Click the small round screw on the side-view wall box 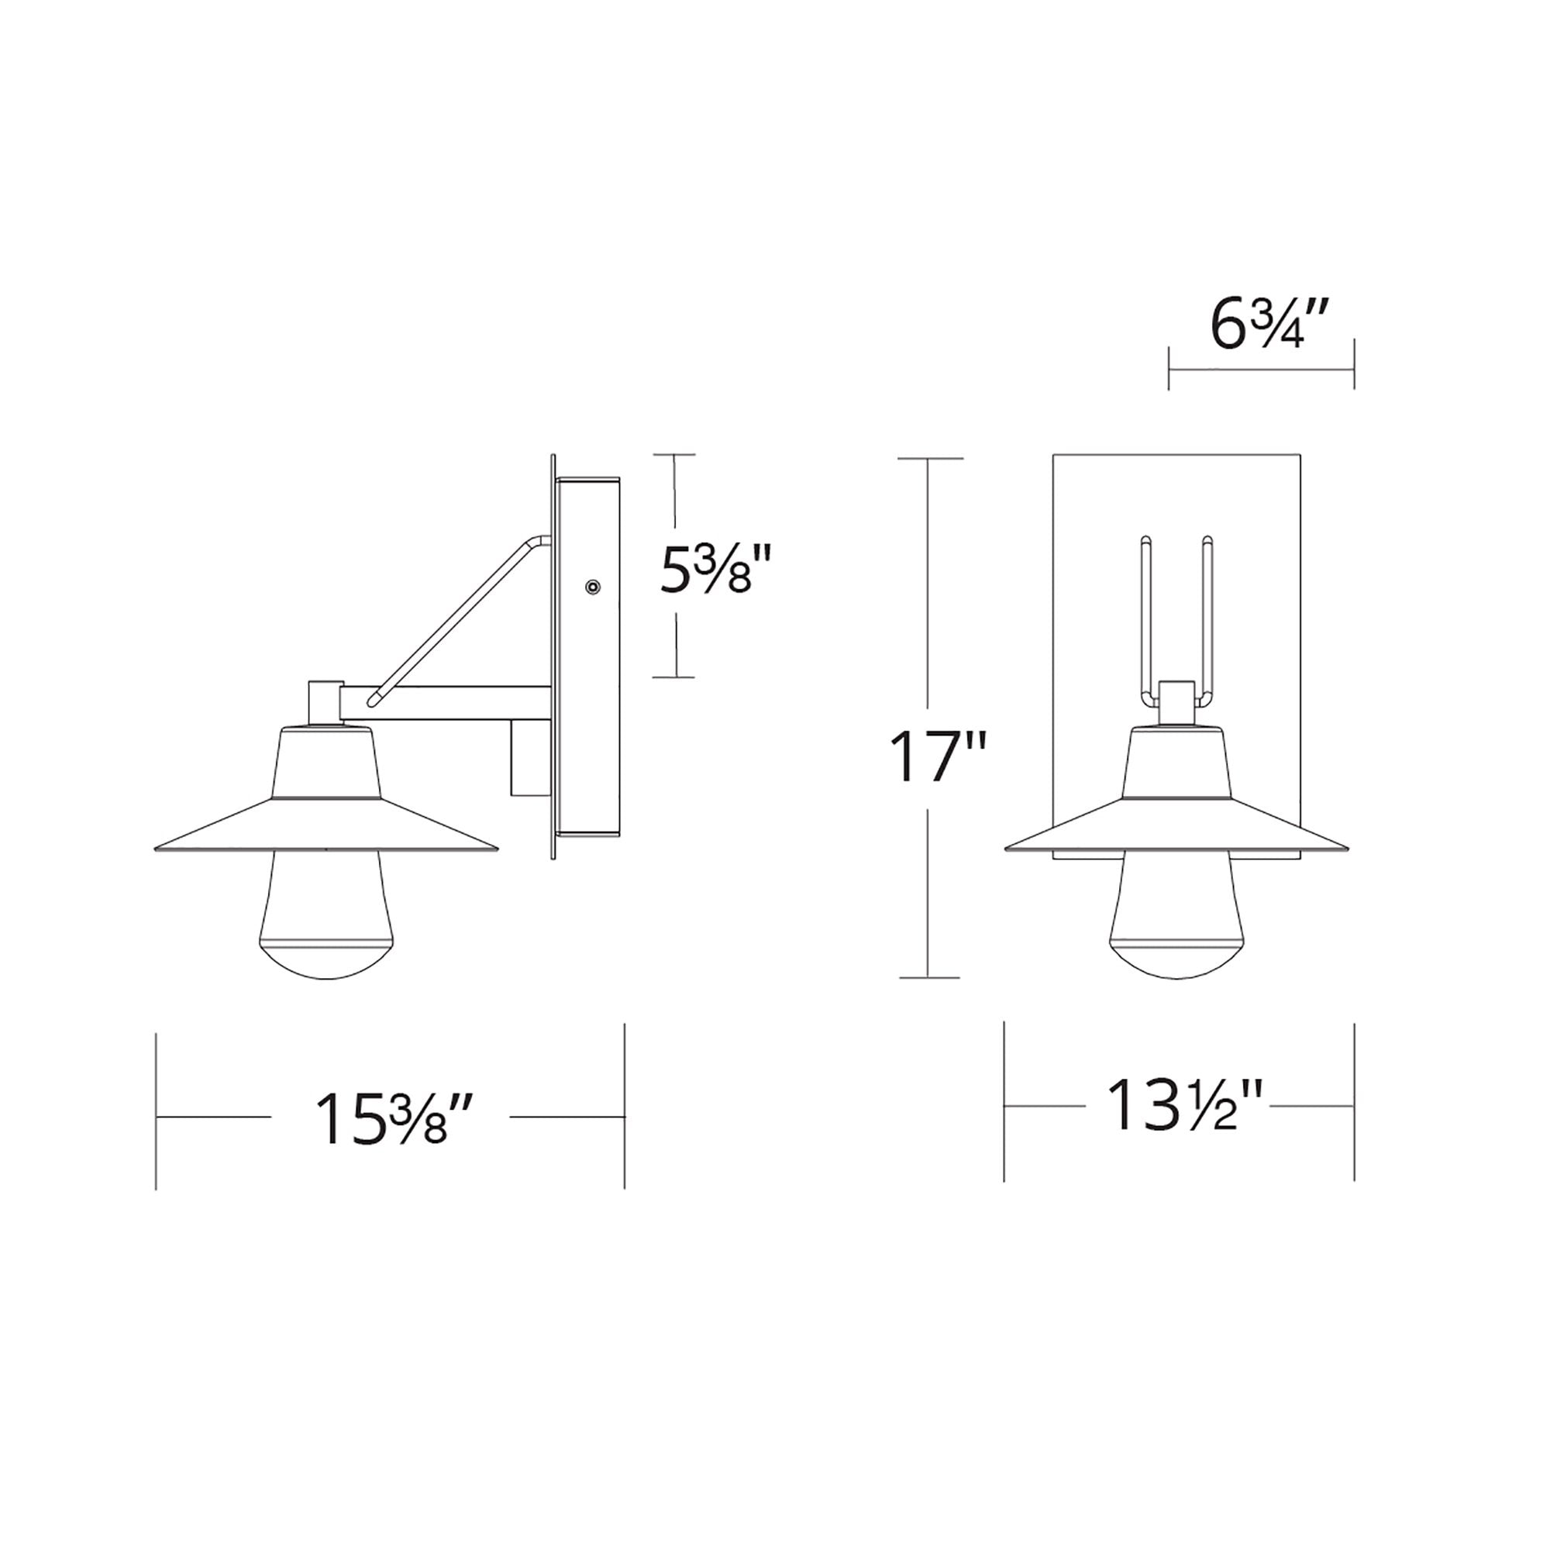pos(593,587)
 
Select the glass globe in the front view pos(1177,914)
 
